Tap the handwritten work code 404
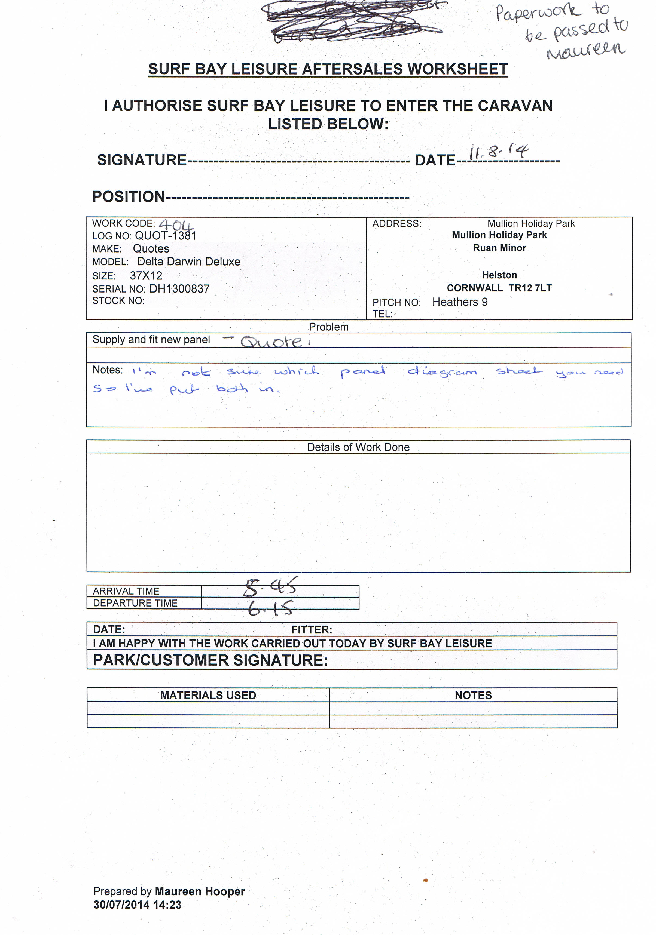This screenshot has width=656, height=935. (176, 225)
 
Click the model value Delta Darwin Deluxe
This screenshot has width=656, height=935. (189, 262)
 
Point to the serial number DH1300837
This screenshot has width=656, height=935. (179, 289)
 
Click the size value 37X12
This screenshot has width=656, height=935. (146, 275)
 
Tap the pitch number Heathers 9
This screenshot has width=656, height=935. (460, 302)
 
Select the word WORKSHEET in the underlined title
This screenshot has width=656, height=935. (457, 69)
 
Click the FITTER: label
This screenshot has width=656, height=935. (311, 630)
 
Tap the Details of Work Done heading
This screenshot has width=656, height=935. (358, 447)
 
